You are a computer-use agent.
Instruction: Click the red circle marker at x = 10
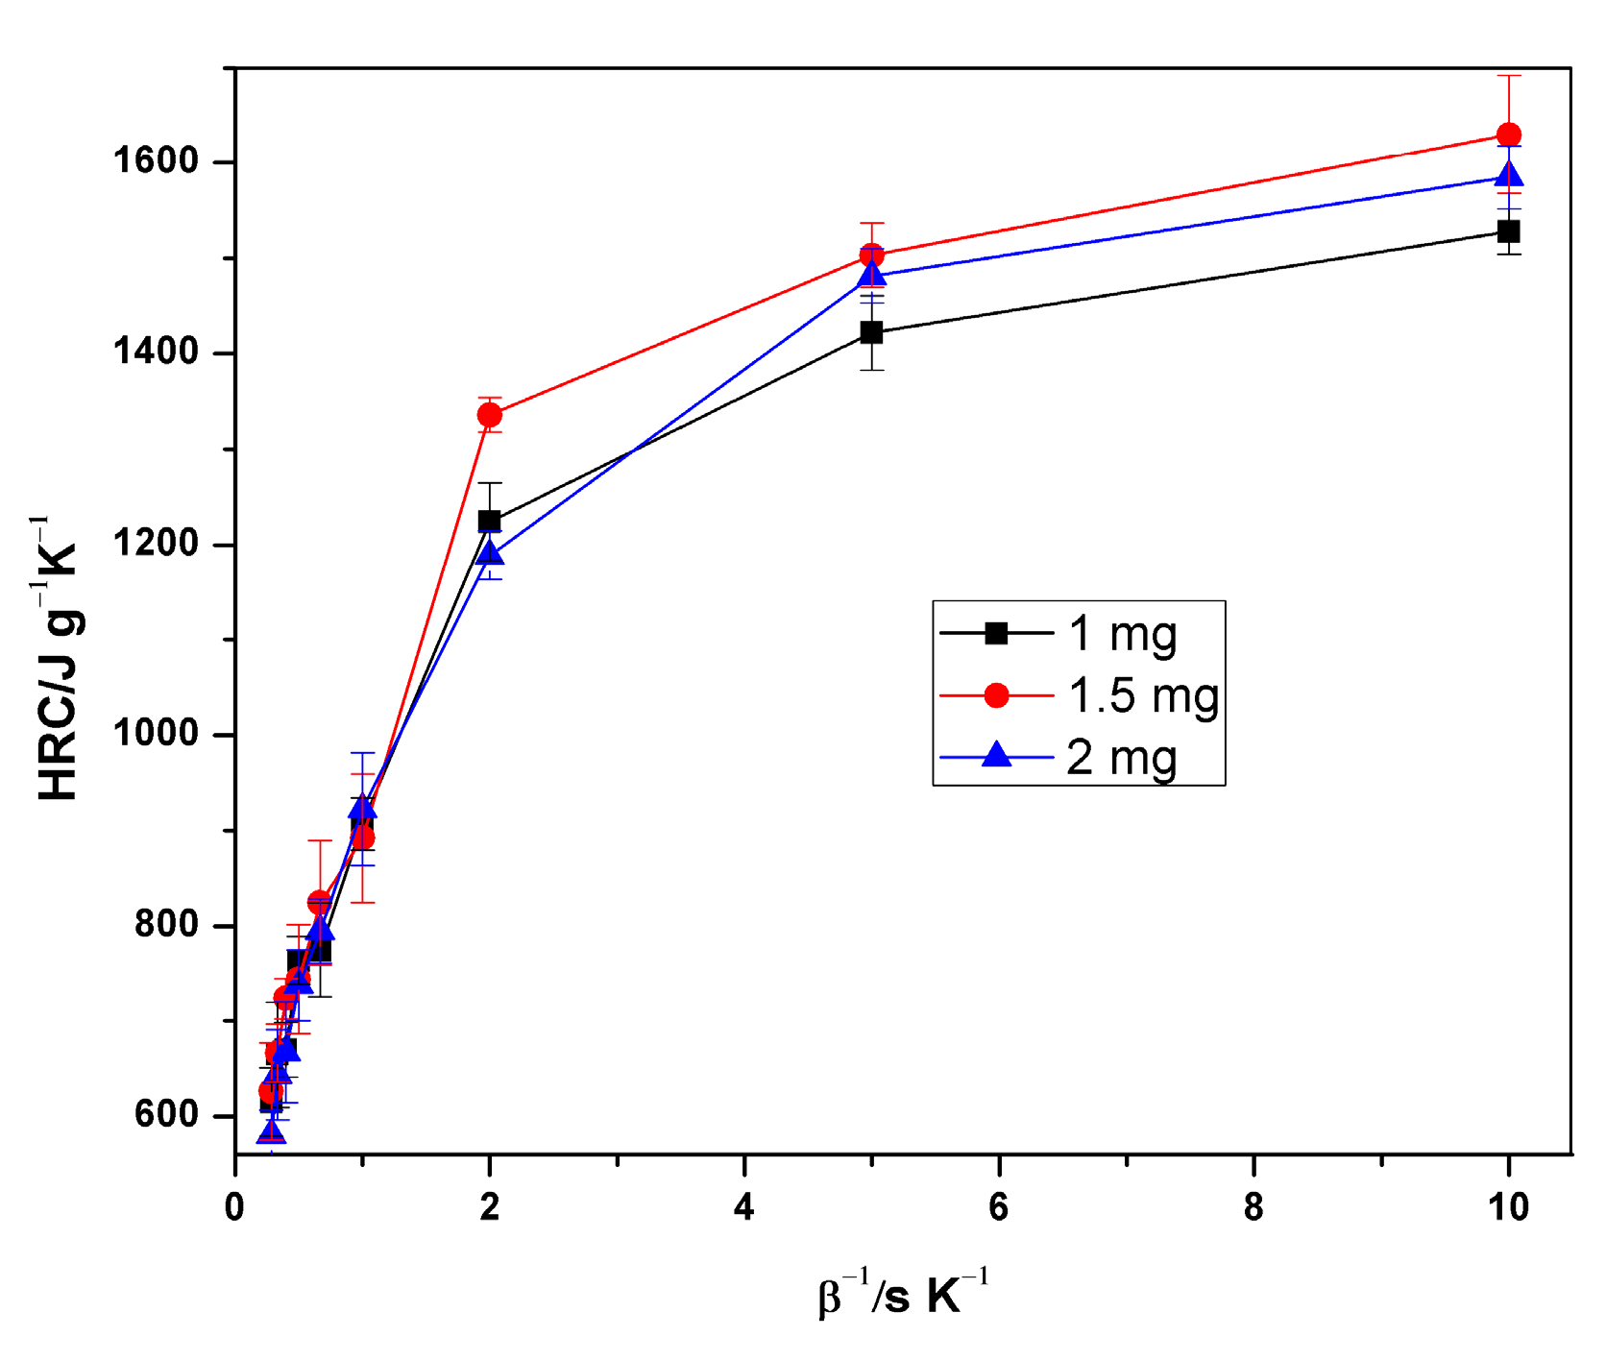tap(1508, 134)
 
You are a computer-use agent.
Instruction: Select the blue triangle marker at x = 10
tap(1508, 176)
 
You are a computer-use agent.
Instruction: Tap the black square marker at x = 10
tap(1508, 231)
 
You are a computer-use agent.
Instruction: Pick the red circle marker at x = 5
tap(871, 255)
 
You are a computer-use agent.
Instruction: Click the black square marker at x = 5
tap(871, 332)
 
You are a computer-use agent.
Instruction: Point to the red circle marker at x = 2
tap(490, 415)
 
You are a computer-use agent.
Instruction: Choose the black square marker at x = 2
tap(490, 521)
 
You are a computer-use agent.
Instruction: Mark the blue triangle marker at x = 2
tap(490, 552)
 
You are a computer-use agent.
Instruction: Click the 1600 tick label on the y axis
tap(156, 160)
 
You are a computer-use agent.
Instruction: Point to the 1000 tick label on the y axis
tap(156, 734)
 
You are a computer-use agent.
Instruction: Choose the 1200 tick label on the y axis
tap(156, 544)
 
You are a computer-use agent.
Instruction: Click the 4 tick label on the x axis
tap(744, 1207)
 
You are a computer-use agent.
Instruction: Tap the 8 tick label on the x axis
tap(1253, 1207)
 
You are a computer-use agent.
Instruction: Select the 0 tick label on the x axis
tap(235, 1207)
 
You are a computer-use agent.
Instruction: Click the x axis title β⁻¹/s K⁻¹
tap(903, 1293)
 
